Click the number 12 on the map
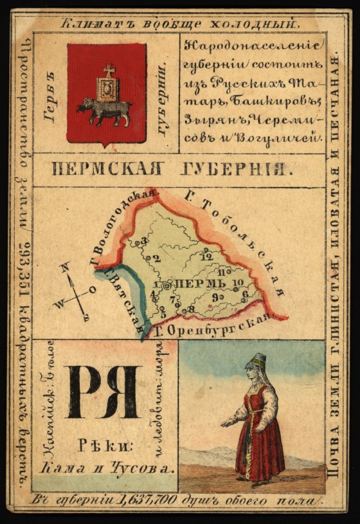[206, 257]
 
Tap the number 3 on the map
[144, 241]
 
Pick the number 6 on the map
[244, 294]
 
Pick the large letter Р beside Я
[82, 392]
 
